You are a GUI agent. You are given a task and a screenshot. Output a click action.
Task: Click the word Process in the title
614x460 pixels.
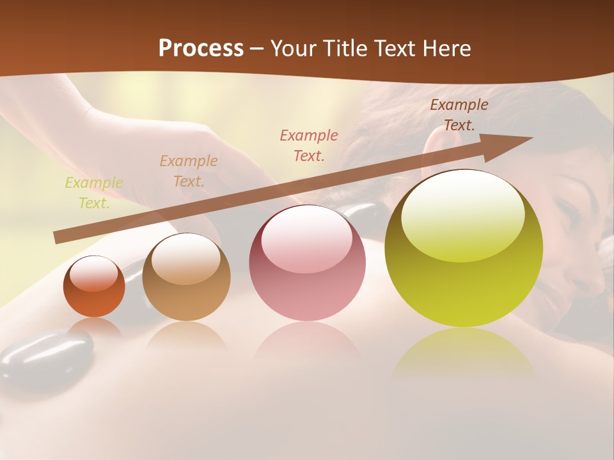(201, 48)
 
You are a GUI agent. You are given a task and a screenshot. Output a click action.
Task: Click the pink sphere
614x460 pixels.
(307, 263)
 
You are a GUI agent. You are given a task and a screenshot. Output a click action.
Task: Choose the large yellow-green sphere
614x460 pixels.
(464, 249)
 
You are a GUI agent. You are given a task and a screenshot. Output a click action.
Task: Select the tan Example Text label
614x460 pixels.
(188, 171)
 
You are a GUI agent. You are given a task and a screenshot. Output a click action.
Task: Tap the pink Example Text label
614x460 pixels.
(309, 145)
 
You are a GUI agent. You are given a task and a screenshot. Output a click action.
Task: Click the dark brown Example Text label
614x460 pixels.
(459, 115)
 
